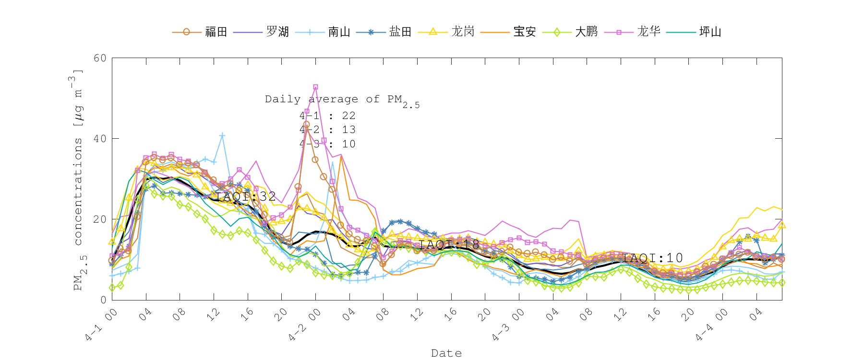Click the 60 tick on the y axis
click(100, 58)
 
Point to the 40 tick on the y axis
click(100, 139)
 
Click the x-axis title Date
click(446, 353)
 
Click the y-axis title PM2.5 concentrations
click(78, 180)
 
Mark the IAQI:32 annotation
click(245, 196)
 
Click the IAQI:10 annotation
click(652, 258)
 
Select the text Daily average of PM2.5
click(342, 100)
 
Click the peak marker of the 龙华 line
click(315, 87)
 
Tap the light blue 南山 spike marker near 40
click(222, 136)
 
